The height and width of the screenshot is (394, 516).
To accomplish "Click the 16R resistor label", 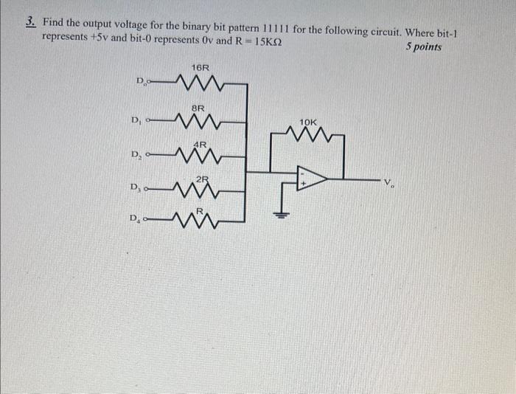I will (200, 68).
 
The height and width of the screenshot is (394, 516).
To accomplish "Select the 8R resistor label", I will (198, 107).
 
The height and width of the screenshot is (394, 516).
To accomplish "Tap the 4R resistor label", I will (200, 144).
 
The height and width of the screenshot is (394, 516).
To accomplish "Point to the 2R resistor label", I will (203, 179).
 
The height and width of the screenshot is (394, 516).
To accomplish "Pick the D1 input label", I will (136, 120).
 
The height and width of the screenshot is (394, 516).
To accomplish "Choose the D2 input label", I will (136, 155).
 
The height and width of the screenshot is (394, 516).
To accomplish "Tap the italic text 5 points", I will (424, 46).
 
